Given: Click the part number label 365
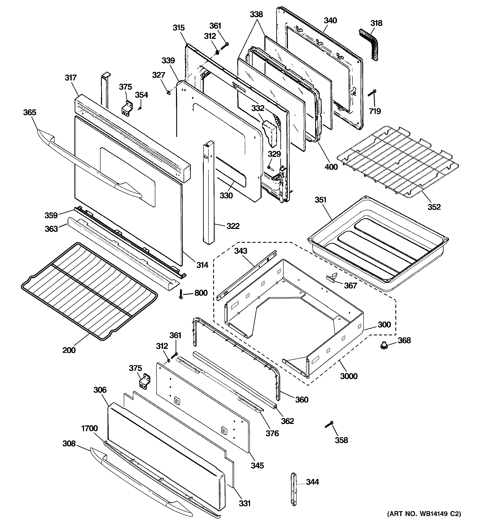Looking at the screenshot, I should click(x=29, y=112).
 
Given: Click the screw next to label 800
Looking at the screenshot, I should click(x=181, y=294).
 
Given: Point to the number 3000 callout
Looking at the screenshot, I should click(x=349, y=376).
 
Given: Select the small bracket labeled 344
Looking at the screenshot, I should click(x=294, y=489).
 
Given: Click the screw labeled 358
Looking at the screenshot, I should click(x=329, y=424).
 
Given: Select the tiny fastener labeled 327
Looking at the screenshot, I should click(x=168, y=92).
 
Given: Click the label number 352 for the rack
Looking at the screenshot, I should click(x=434, y=207).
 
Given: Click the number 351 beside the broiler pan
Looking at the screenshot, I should click(x=320, y=200).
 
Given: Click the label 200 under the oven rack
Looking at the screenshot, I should click(x=69, y=350).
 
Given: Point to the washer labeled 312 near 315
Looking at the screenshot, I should click(x=217, y=52).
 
